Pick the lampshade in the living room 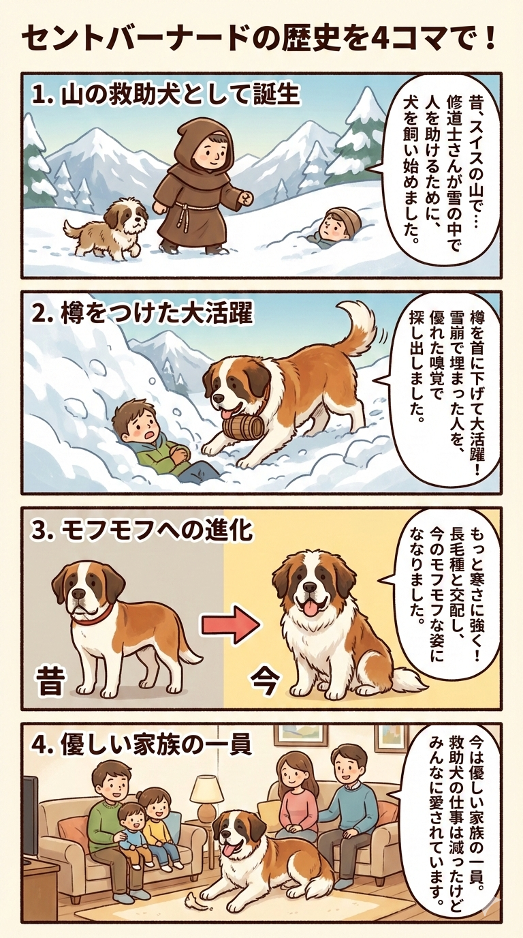(x=206, y=790)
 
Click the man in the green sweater (x=109, y=811)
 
